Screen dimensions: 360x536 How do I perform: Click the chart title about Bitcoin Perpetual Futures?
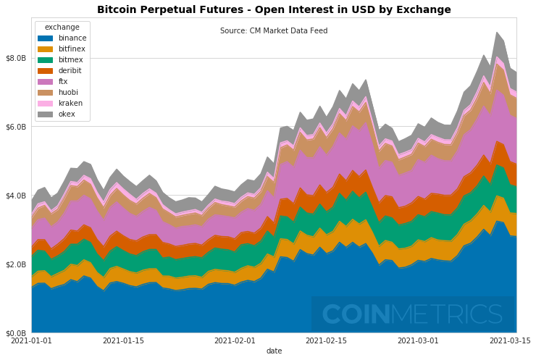pyautogui.click(x=274, y=9)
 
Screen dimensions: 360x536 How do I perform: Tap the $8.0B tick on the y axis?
pyautogui.click(x=15, y=58)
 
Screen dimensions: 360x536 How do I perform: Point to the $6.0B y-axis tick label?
pyautogui.click(x=15, y=127)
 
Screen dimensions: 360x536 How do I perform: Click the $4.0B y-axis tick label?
pyautogui.click(x=15, y=196)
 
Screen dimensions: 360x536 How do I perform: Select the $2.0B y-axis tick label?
pyautogui.click(x=15, y=264)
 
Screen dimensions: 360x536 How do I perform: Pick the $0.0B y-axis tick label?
pyautogui.click(x=15, y=332)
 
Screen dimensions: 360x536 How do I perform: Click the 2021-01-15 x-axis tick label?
pyautogui.click(x=123, y=340)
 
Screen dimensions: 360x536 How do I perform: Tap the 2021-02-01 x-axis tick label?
pyautogui.click(x=235, y=340)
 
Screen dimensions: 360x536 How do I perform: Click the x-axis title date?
pyautogui.click(x=274, y=351)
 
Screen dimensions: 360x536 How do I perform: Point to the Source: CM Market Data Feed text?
pyautogui.click(x=274, y=31)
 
